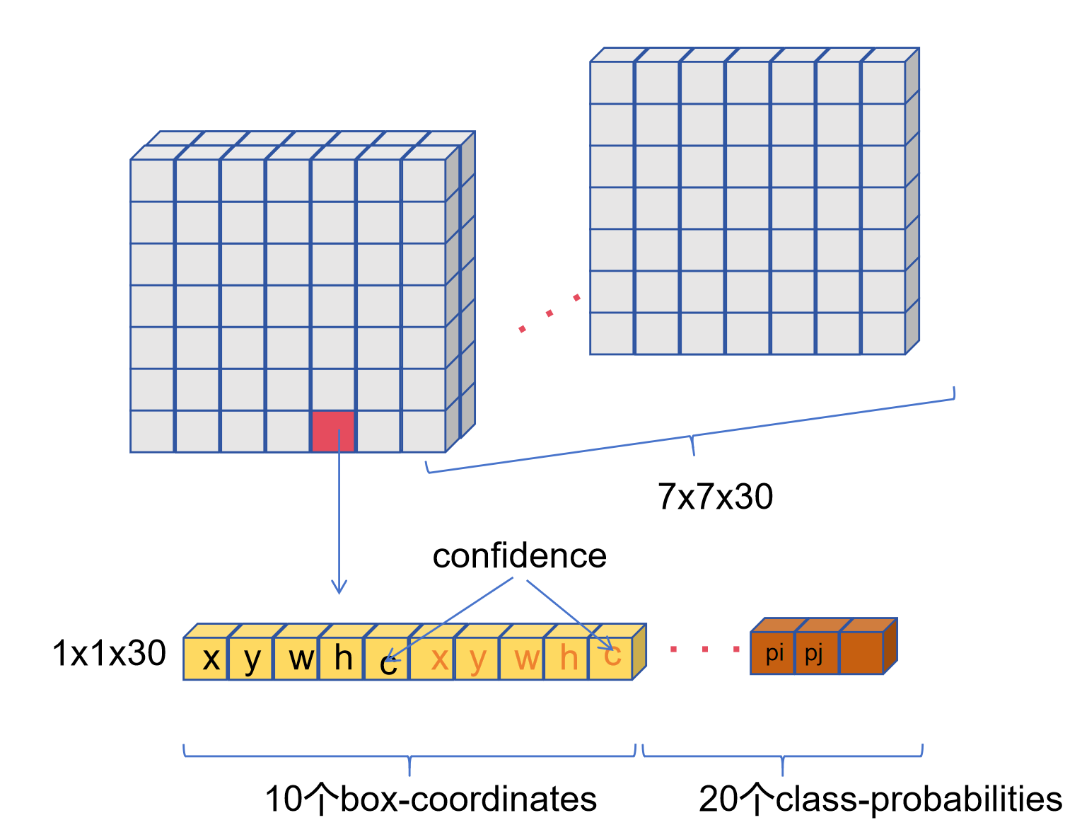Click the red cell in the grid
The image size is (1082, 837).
pos(333,430)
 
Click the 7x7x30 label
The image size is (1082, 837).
pos(715,497)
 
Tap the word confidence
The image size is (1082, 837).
pos(519,556)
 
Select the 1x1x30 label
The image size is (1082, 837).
pos(109,653)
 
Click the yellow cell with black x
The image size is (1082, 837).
pos(206,659)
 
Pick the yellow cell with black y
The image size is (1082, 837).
pos(251,659)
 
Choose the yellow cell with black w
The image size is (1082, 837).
pos(296,659)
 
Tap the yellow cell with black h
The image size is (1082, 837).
pos(342,659)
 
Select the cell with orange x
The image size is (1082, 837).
pos(433,659)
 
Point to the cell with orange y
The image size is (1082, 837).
pos(477,659)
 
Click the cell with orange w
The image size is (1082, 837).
pos(523,659)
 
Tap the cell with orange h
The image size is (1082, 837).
pos(567,659)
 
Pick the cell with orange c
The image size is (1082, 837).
pos(611,658)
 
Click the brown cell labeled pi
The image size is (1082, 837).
pos(773,652)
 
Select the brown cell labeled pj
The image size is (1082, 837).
pos(816,652)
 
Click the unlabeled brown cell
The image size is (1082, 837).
pos(861,652)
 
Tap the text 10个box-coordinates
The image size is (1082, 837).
pos(431,800)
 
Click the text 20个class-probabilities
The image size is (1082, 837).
pos(880,800)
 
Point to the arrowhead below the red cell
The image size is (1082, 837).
pos(339,587)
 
